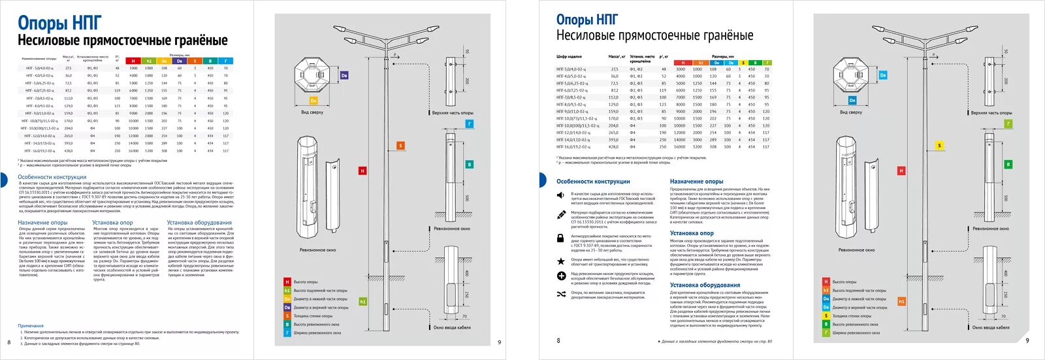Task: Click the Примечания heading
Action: point(31,325)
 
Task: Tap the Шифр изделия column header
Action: point(569,57)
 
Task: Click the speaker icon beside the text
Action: point(560,195)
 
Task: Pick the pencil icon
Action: point(560,214)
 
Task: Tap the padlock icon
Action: point(560,238)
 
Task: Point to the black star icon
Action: point(560,261)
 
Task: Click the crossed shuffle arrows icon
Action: point(560,295)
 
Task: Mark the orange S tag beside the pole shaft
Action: point(401,146)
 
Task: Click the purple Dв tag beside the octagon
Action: point(344,76)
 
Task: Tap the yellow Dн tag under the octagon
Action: point(313,101)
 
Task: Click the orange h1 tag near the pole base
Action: point(901,301)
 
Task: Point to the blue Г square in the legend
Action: point(287,333)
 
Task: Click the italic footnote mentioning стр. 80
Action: point(716,342)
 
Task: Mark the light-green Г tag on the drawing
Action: point(1008,123)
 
